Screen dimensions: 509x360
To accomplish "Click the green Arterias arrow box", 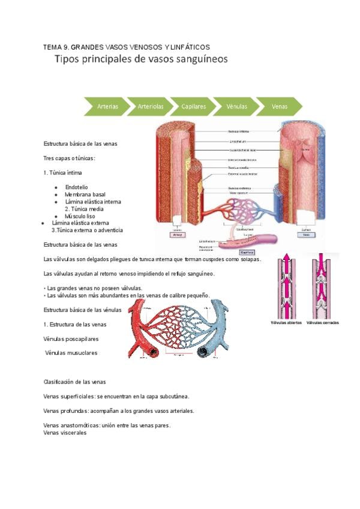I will (107, 106).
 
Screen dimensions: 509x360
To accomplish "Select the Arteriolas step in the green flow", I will (151, 106).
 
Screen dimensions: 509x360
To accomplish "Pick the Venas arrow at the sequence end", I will (280, 106).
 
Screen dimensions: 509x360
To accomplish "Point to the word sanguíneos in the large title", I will (196, 60).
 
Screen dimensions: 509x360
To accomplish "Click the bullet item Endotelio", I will (76, 187).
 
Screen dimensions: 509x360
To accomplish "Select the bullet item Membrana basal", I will (85, 194).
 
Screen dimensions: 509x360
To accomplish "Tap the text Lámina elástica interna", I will (93, 202).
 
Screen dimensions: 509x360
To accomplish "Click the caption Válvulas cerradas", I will (322, 322).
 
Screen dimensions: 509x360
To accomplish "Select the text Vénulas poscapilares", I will (71, 339).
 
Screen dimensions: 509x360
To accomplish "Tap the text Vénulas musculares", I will (71, 353).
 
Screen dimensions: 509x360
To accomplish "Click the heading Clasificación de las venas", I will (75, 382).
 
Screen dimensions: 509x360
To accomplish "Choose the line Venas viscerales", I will (65, 433).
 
